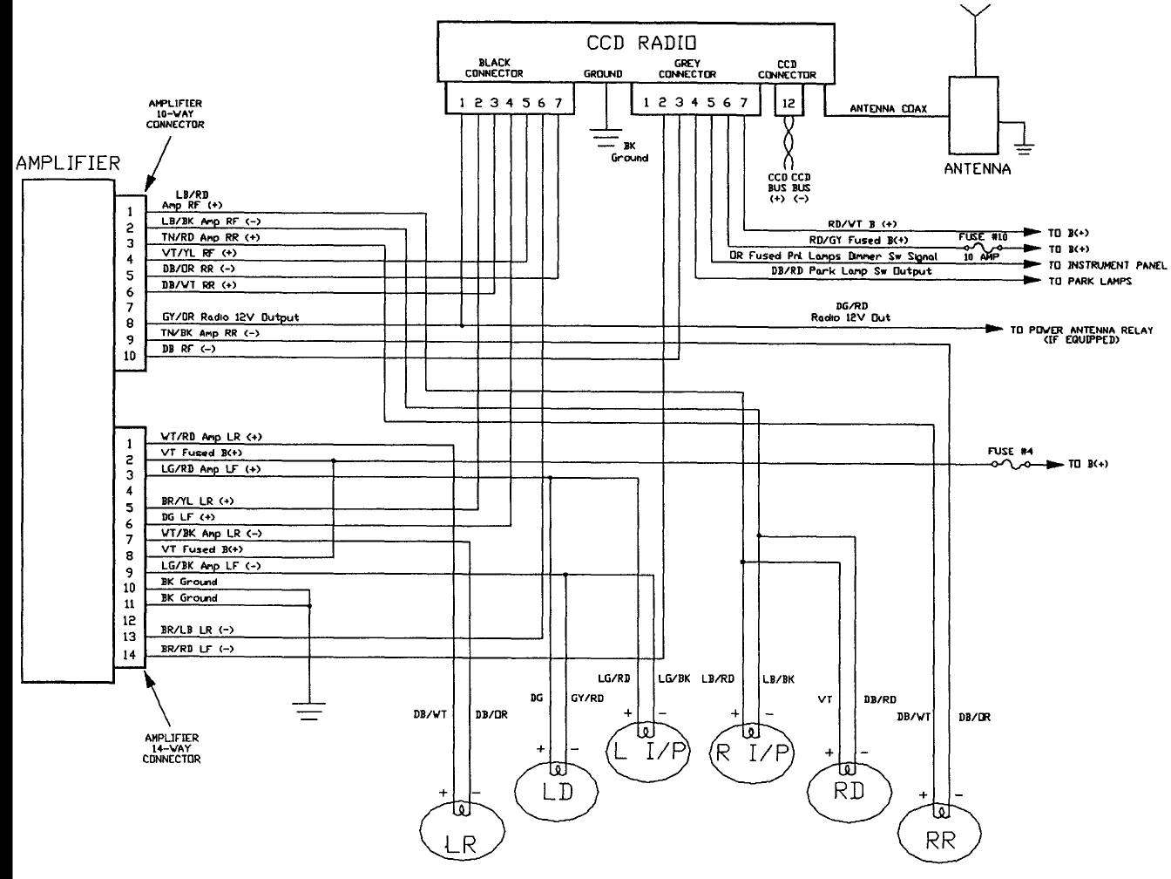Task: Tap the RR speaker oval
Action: pos(941,838)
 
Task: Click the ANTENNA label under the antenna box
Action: pos(977,169)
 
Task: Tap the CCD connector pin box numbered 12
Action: pos(787,103)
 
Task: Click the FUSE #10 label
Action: pos(984,236)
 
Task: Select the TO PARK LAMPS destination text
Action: pos(1089,281)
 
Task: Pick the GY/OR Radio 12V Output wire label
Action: pos(230,317)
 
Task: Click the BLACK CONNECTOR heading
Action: pos(493,68)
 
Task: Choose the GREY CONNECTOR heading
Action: pos(687,69)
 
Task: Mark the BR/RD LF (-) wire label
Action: pos(198,649)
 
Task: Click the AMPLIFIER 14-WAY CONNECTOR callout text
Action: pos(172,748)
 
